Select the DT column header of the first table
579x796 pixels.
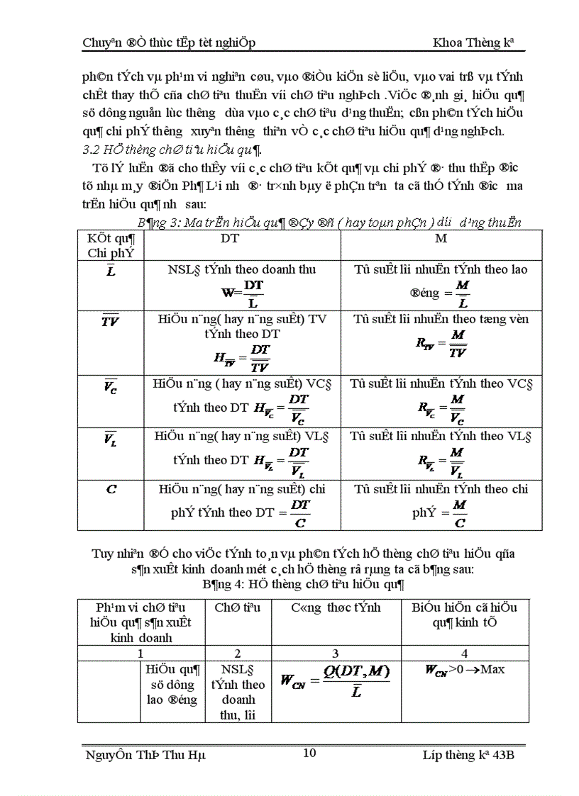coord(230,239)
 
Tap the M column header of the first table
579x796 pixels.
coord(441,239)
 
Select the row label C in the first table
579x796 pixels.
coord(111,489)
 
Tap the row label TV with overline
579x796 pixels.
coord(110,320)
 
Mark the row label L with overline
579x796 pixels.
coord(111,271)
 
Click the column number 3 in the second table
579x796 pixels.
coord(336,653)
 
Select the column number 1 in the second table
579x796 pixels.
coord(141,653)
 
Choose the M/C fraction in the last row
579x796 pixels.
coord(460,514)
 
